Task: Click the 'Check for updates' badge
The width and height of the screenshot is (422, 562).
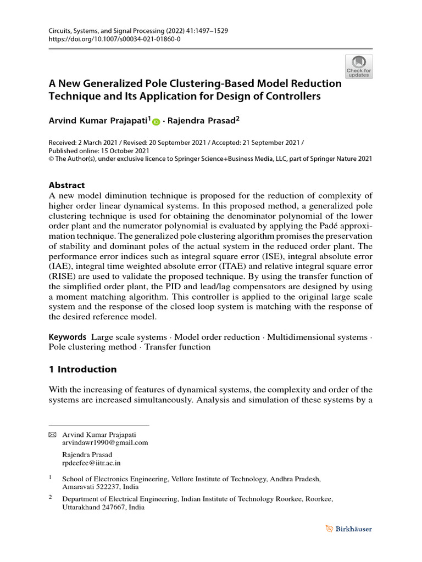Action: (x=358, y=66)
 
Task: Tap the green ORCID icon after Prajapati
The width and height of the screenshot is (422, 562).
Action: (x=156, y=122)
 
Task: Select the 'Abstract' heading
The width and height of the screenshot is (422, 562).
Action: (x=67, y=186)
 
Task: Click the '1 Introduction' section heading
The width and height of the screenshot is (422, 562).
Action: (x=82, y=369)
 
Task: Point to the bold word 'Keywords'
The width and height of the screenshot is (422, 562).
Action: (x=68, y=336)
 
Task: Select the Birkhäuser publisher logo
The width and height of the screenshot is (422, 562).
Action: (x=348, y=529)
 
